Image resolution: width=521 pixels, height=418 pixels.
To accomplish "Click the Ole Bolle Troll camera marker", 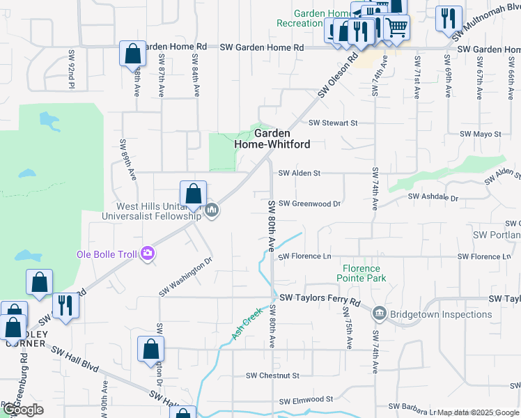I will (x=147, y=254).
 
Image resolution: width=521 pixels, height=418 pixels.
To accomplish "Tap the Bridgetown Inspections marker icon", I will (x=379, y=313).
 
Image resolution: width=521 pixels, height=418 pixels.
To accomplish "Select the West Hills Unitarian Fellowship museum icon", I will (x=212, y=210).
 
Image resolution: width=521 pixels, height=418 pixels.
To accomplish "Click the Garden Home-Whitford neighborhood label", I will (x=272, y=139).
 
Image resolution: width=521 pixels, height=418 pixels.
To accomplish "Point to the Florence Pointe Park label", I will (x=361, y=274).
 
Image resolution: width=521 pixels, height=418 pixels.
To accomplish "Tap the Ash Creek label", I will (x=246, y=324).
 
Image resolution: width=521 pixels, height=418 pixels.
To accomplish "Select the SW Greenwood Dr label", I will (x=309, y=204).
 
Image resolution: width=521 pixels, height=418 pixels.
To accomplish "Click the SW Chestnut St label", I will (x=272, y=376).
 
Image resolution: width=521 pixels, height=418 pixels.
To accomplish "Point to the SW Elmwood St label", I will (x=306, y=400).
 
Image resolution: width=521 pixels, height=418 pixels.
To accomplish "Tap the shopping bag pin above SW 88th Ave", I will (x=132, y=54).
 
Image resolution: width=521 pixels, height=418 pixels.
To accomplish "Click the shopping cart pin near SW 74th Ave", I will (x=396, y=28).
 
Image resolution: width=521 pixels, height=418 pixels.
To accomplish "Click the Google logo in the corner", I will (x=22, y=410).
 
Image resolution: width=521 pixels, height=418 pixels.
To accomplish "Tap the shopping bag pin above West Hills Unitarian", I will (x=193, y=193).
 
